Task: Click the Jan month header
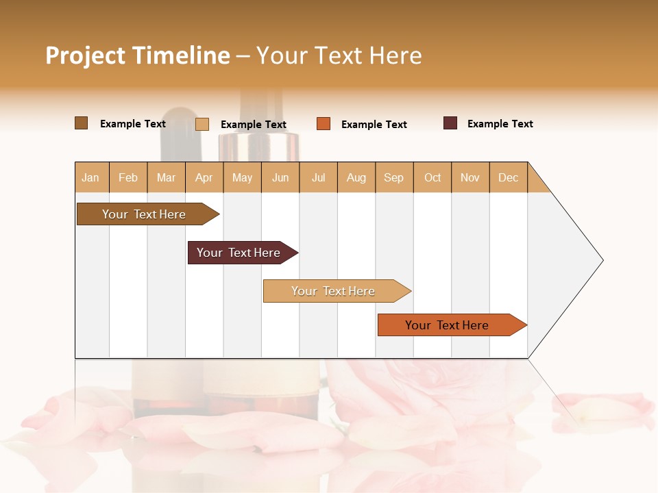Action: pyautogui.click(x=90, y=177)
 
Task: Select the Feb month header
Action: pyautogui.click(x=128, y=177)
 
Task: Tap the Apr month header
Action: pyautogui.click(x=204, y=177)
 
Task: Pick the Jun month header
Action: pyautogui.click(x=280, y=177)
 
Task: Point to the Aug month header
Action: pyautogui.click(x=356, y=177)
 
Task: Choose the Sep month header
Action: pyautogui.click(x=394, y=177)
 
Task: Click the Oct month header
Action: pyautogui.click(x=432, y=177)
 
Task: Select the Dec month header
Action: pyautogui.click(x=509, y=177)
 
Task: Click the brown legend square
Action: pyautogui.click(x=82, y=123)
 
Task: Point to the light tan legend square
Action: pyautogui.click(x=202, y=124)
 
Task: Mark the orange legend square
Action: pyautogui.click(x=324, y=124)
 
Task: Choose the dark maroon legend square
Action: pyautogui.click(x=450, y=123)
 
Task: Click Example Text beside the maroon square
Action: pyautogui.click(x=500, y=124)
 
